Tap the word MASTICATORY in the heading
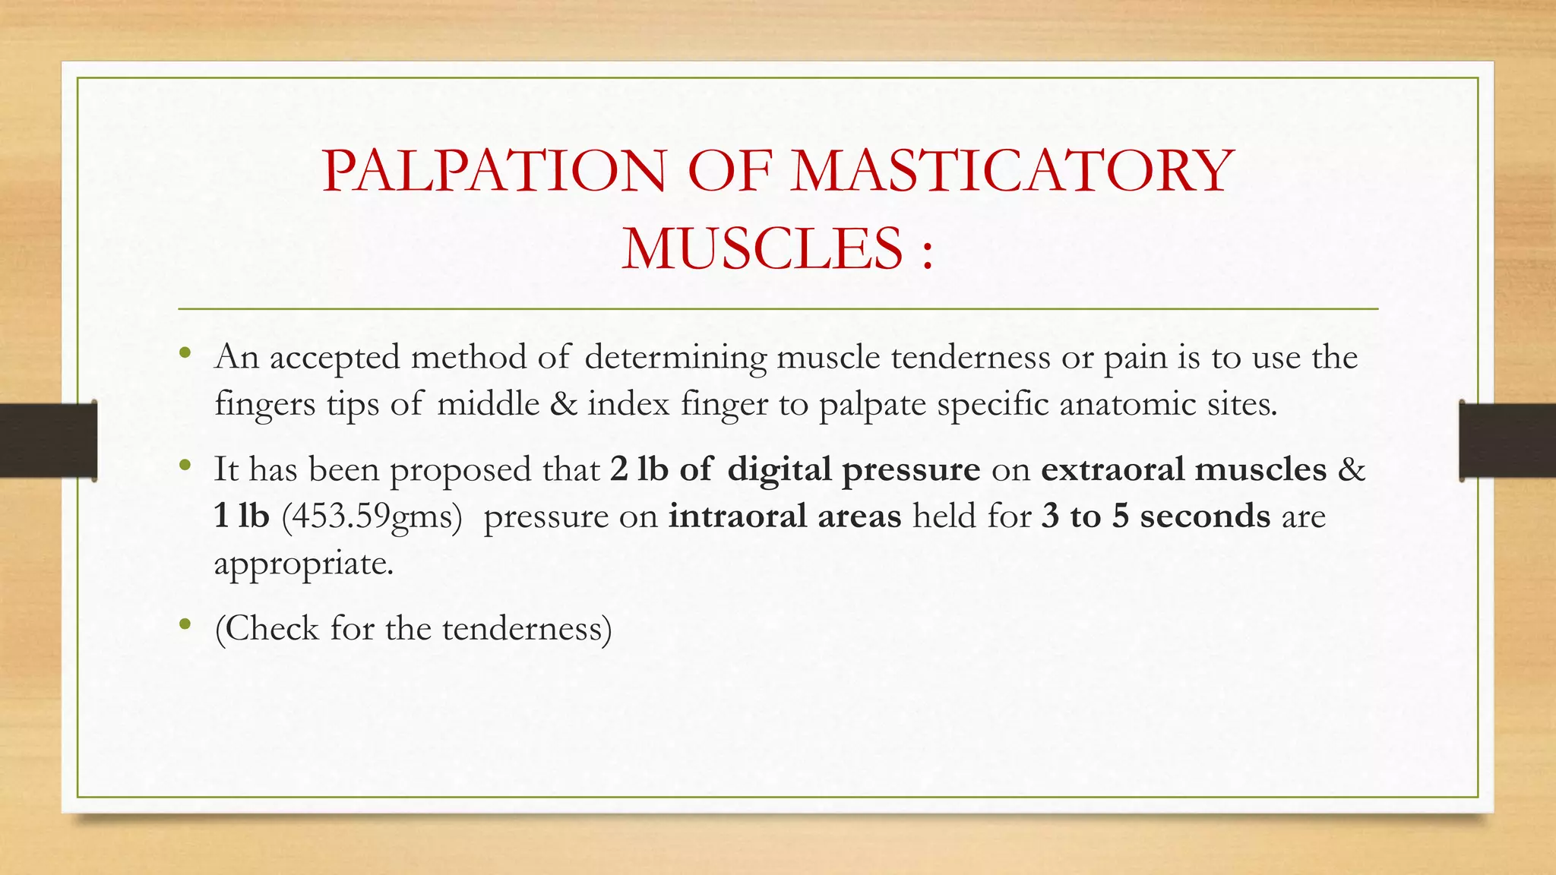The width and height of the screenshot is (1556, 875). tap(1012, 171)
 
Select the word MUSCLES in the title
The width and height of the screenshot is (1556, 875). tap(762, 249)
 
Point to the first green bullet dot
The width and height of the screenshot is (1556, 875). tap(185, 353)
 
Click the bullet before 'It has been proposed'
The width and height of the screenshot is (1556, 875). tap(185, 466)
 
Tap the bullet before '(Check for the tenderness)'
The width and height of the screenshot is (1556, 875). tap(185, 625)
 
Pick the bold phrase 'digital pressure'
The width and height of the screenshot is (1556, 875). tap(853, 469)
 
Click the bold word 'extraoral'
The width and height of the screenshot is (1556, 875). tap(1112, 469)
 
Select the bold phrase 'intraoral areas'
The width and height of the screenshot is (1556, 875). tap(784, 516)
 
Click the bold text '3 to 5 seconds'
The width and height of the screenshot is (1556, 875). tap(1155, 516)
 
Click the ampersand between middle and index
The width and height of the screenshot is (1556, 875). tap(563, 404)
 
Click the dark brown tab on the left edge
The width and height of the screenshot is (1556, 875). tap(48, 441)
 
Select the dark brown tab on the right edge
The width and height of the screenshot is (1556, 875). tap(1507, 441)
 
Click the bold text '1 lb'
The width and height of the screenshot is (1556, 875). tap(242, 516)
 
